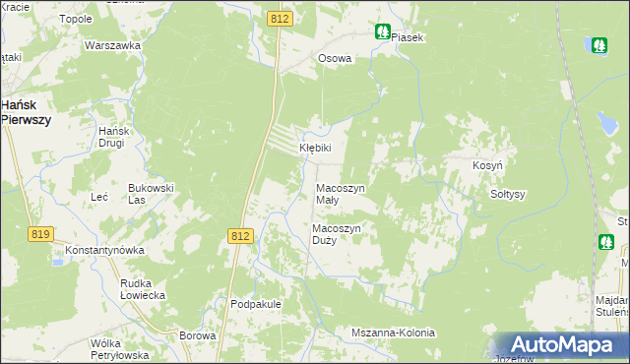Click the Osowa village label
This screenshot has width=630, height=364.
334,58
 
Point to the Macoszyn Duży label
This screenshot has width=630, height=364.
338,234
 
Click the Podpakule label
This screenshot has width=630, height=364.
256,304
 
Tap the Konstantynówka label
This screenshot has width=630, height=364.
105,250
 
